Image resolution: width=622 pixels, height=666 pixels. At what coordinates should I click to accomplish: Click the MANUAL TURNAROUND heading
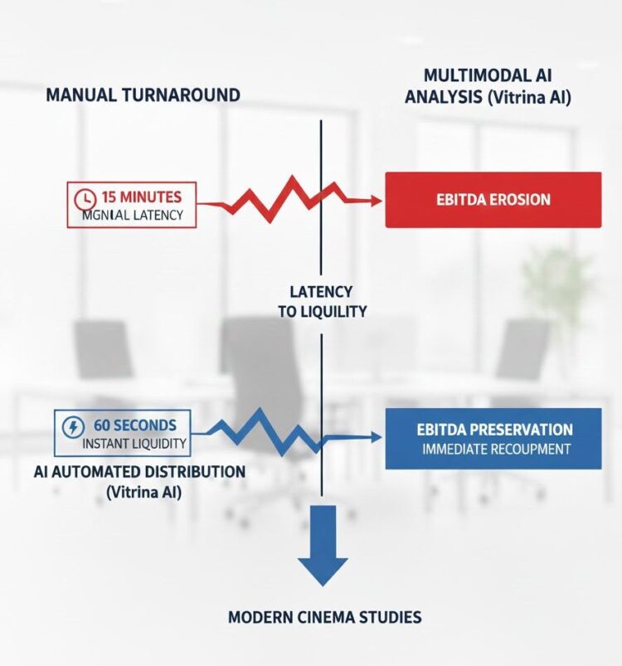(143, 95)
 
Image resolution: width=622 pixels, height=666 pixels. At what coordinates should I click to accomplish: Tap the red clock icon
(84, 199)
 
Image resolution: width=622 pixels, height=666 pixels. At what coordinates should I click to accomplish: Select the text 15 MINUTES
(140, 197)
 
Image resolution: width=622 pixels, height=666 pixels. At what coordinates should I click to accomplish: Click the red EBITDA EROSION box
(493, 200)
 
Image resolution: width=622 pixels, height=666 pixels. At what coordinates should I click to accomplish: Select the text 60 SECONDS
(134, 425)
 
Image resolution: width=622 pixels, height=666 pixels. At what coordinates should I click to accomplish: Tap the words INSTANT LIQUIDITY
(134, 444)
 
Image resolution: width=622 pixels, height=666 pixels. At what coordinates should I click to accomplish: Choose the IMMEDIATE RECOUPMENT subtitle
(496, 450)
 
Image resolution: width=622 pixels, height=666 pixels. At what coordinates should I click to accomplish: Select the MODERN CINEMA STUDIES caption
(324, 617)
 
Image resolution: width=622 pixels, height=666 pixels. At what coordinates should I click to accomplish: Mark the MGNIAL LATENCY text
(133, 216)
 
